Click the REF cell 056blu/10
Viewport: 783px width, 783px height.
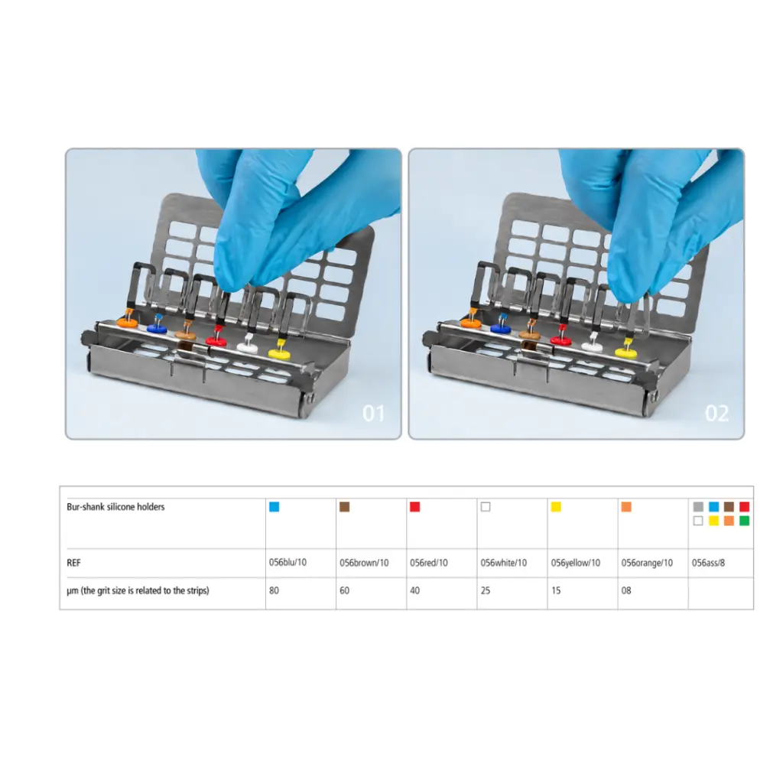pos(288,562)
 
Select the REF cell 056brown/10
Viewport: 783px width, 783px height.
pos(364,563)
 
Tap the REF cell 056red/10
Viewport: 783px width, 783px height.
pos(428,563)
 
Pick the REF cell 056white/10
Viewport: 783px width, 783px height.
pos(503,563)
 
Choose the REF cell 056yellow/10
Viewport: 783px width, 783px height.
pos(575,563)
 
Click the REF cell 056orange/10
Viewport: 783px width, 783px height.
pos(647,563)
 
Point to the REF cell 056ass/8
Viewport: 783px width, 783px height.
pos(708,563)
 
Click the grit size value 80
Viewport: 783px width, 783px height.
pos(274,590)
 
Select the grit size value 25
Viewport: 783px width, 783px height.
pos(486,590)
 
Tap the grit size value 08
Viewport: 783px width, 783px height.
pos(626,590)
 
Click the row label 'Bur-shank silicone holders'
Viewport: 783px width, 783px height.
pos(115,507)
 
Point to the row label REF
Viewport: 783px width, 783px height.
pos(73,563)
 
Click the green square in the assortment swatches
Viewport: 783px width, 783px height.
pos(744,521)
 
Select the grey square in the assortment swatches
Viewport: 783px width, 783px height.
pos(698,507)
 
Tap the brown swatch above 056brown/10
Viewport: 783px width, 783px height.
pos(344,507)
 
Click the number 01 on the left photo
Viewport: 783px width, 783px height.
pos(373,414)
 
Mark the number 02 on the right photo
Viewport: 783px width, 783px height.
pos(716,414)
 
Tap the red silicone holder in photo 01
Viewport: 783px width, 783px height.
pos(216,341)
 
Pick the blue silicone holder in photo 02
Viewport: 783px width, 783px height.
pos(502,328)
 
